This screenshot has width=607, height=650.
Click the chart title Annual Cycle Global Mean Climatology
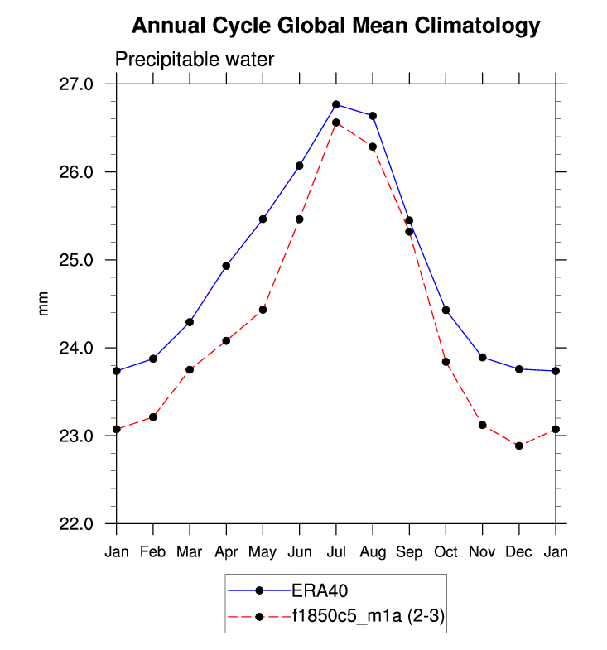point(335,26)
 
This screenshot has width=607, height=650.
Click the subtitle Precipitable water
point(194,60)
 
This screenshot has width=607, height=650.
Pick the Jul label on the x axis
point(336,551)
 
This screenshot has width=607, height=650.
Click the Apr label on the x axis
point(226,551)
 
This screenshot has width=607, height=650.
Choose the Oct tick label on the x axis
point(446,551)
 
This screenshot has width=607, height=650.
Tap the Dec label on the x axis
point(519,551)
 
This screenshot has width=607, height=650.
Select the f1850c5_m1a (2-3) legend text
point(366,616)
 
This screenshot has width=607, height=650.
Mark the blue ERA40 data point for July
point(336,104)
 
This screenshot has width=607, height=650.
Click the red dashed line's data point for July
point(336,123)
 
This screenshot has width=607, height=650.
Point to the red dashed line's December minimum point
point(519,445)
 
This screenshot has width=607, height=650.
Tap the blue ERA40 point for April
point(226,266)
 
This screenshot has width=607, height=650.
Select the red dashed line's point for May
point(263,310)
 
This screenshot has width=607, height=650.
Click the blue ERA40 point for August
point(373,116)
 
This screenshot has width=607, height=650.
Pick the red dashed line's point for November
point(482,425)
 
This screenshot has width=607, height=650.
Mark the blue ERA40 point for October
point(446,310)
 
